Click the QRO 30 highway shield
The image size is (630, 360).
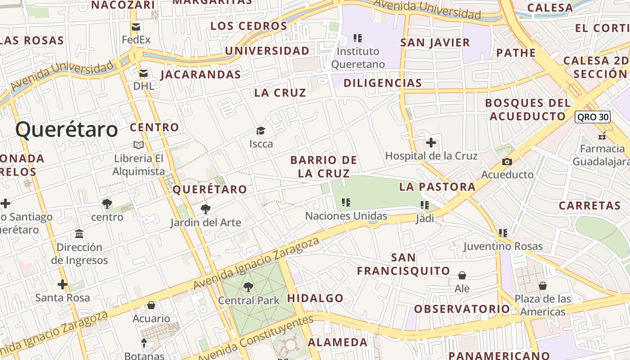coord(593,117)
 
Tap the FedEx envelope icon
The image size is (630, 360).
coord(135,27)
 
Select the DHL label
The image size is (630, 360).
coord(144,85)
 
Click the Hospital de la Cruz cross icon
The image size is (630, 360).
coord(431,143)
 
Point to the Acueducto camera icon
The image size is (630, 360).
coord(507,162)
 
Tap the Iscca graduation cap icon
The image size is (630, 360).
coord(261,131)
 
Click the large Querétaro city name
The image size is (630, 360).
coord(67,130)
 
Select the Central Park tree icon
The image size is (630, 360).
coord(248,287)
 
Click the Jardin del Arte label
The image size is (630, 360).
coord(206,223)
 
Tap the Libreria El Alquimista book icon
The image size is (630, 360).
coord(139,145)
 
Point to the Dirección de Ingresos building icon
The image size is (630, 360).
coord(80,234)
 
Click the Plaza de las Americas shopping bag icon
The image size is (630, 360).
coord(543,286)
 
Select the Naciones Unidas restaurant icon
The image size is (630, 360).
coord(346,202)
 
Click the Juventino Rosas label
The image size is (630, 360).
coord(503,246)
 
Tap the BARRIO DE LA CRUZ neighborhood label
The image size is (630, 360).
coord(324,166)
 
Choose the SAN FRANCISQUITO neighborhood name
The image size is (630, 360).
coord(404,264)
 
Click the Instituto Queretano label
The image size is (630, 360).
coord(358,58)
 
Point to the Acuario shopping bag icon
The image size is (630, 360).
coord(151,305)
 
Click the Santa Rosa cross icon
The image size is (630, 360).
coord(63,284)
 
